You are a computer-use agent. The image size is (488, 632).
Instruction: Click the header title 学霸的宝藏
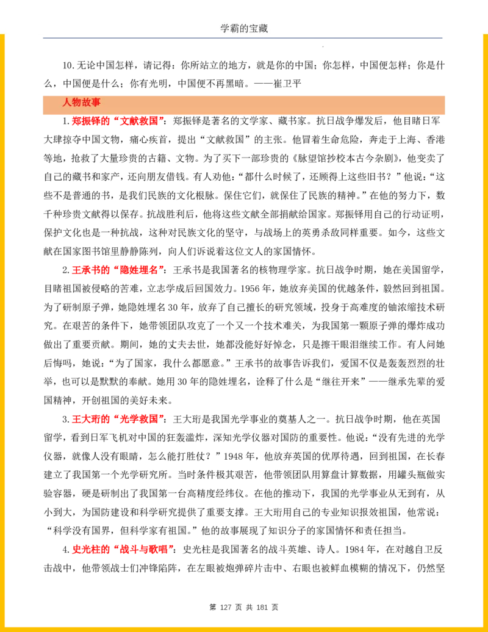point(244,28)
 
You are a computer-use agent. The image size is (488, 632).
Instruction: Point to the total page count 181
point(262,607)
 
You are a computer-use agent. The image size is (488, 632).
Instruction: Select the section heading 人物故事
point(81,103)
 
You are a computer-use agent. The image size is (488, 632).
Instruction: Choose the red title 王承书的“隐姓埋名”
point(118,270)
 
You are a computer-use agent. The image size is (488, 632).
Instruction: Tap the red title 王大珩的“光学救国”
point(118,419)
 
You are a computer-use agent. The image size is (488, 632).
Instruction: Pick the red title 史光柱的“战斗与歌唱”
point(123,550)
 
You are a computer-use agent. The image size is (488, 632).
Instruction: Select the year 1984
point(355,550)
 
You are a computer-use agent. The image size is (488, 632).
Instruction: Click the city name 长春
point(436,456)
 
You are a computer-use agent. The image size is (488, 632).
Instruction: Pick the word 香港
point(436,140)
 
